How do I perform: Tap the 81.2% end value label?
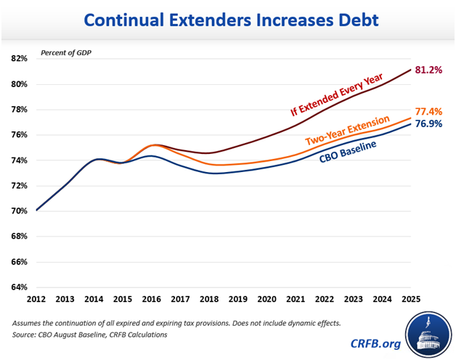429,70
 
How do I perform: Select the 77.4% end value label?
429,112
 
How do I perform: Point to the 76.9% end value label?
429,124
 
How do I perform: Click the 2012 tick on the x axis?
36,299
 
